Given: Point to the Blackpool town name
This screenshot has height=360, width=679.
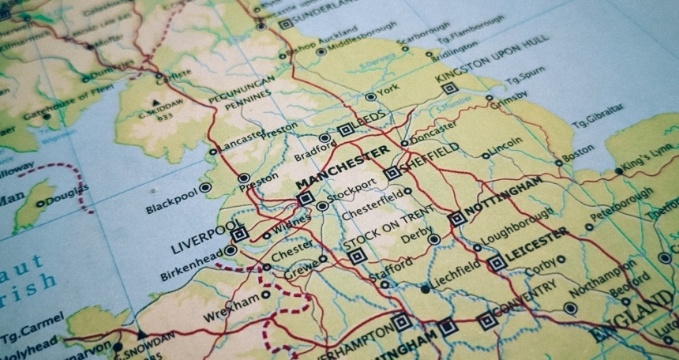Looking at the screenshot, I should click(169, 201).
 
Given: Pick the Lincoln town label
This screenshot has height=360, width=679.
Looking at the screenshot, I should click(506, 147).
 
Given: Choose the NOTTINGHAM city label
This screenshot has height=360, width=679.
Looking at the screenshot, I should click(505, 198).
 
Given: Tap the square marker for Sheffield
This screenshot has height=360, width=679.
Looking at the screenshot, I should click(392, 173).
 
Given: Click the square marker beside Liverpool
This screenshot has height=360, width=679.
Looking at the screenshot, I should click(238, 233).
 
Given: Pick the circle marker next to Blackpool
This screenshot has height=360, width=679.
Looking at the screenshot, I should click(205, 188).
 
